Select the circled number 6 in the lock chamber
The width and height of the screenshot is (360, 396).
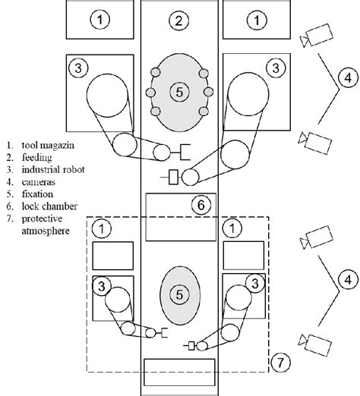point(200,204)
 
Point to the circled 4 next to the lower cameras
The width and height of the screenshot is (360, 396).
point(346,281)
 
